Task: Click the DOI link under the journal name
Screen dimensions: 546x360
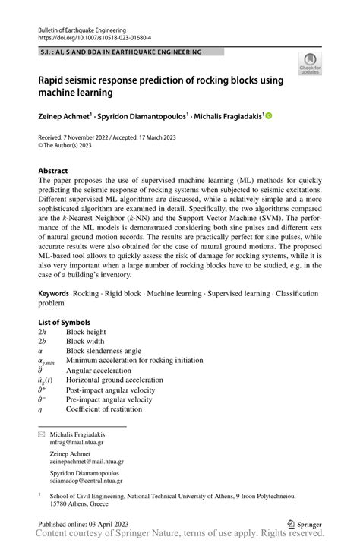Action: [x=94, y=37]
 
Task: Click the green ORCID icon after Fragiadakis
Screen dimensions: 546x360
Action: [x=268, y=116]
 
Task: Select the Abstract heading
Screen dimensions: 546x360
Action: [x=53, y=171]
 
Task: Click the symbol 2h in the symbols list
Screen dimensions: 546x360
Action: [x=43, y=332]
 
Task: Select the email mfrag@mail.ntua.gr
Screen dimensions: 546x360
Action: [x=77, y=441]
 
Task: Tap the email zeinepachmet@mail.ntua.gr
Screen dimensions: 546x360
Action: [x=87, y=461]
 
